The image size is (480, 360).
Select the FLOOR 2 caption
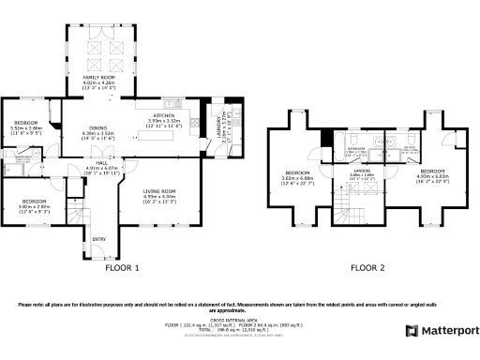click(x=367, y=268)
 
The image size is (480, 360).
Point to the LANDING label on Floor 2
click(x=361, y=171)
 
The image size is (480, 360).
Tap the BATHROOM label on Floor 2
click(x=356, y=148)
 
